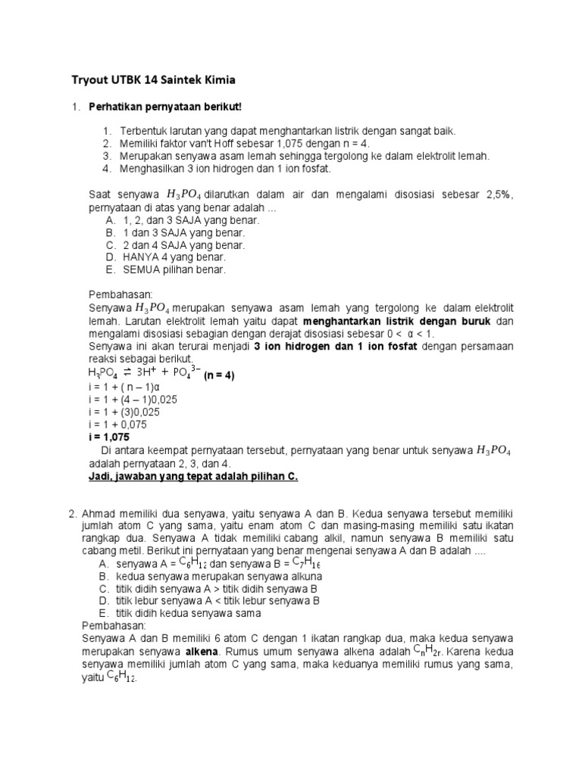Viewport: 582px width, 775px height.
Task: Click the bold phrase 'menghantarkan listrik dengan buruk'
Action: (x=397, y=322)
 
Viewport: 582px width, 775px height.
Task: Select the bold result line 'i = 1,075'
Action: (x=110, y=437)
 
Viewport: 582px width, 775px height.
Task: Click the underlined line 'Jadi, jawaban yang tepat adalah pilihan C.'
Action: (x=193, y=476)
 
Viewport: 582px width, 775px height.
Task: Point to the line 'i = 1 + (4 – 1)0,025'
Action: (x=133, y=400)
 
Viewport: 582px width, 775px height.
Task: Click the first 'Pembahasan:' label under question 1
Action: (x=121, y=293)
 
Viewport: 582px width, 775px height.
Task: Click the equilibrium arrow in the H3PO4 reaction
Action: (x=127, y=373)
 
